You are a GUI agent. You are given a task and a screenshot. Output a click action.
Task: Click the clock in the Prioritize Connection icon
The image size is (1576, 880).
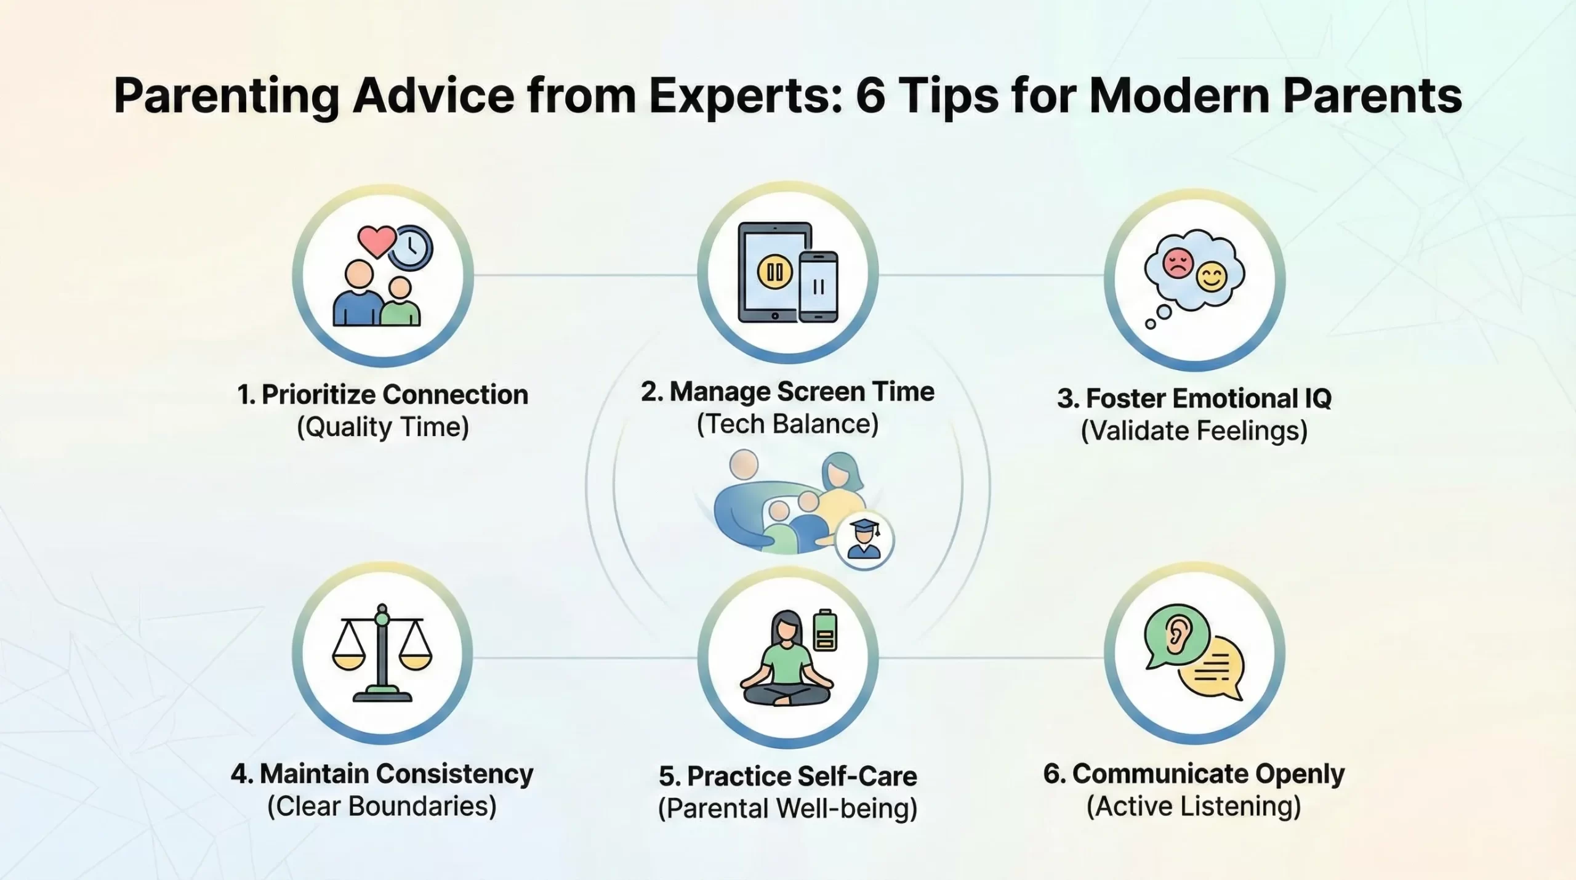(411, 248)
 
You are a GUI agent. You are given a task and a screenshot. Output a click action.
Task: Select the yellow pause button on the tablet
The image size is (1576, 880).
(774, 272)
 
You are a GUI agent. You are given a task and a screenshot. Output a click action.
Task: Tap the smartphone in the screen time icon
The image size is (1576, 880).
(818, 286)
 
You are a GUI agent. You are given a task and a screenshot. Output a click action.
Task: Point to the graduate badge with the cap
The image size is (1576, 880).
(864, 540)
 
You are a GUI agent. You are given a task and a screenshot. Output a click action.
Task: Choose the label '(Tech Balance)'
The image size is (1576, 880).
(787, 424)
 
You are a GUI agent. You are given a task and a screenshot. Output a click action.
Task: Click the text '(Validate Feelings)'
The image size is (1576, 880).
(1194, 431)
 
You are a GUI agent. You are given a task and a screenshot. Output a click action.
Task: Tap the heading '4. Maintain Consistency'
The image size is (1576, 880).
(382, 773)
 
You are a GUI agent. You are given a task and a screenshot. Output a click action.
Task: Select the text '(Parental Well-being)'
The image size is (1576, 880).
(787, 809)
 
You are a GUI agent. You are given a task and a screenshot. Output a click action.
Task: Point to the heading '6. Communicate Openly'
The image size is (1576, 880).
(1194, 774)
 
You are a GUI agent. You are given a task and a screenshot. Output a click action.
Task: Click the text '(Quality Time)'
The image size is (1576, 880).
(383, 427)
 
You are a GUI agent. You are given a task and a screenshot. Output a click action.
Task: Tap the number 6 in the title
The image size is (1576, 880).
(870, 96)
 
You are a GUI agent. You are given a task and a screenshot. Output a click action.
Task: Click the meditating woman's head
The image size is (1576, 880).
(786, 628)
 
